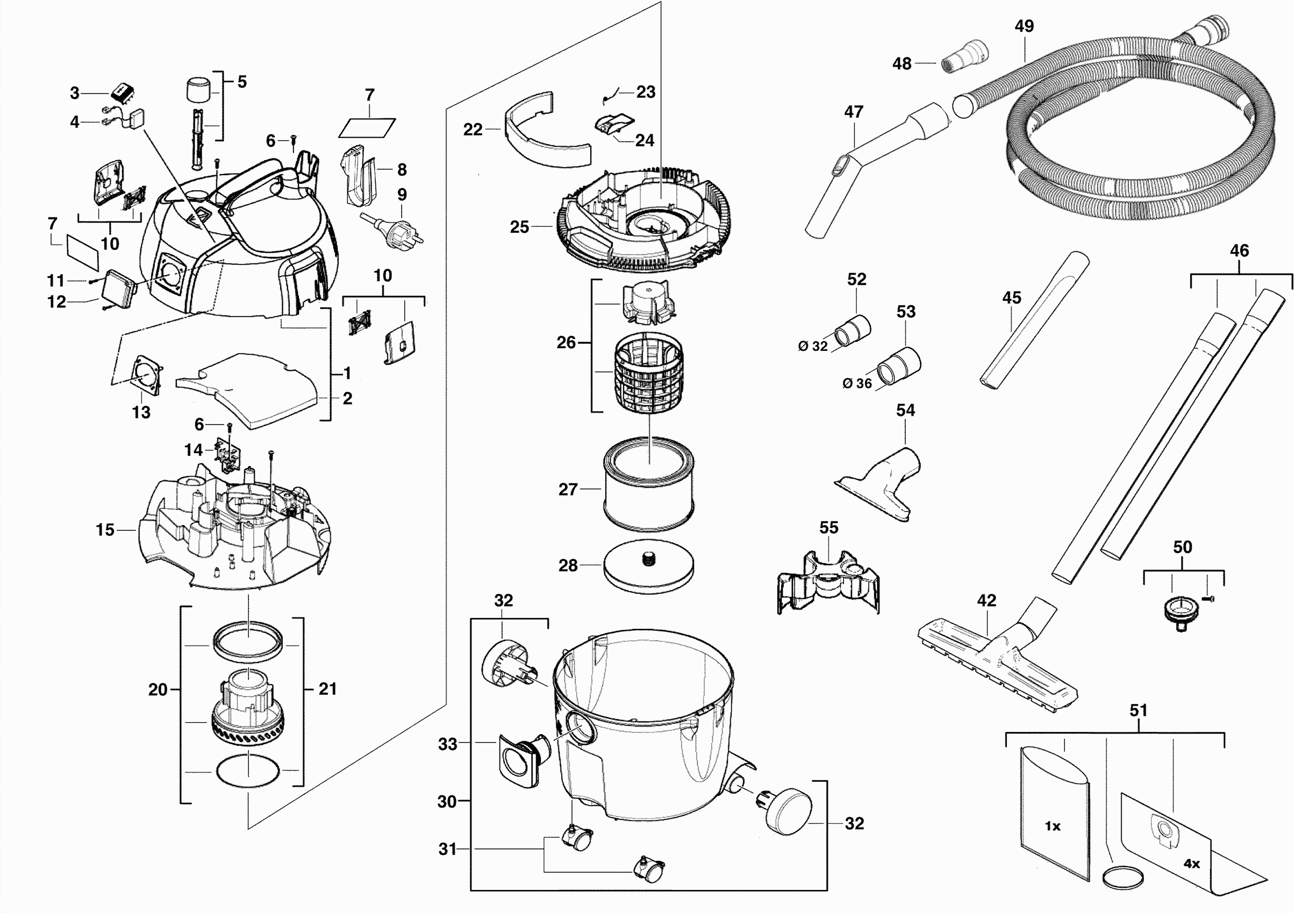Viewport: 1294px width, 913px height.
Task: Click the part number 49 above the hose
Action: coord(1024,26)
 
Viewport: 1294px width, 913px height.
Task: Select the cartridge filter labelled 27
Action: coord(648,484)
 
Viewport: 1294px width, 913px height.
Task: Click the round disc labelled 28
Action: coord(648,568)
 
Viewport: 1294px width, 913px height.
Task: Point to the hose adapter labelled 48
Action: coord(965,56)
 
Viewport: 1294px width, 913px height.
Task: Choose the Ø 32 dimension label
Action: coord(813,347)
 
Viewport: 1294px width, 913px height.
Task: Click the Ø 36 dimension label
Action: coord(856,384)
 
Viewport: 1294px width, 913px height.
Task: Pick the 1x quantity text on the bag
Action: coord(1052,826)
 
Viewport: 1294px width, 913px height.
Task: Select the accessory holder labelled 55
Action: coord(827,583)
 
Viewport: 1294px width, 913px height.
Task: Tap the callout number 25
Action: coord(519,227)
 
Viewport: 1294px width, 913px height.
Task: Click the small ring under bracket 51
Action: coord(1123,878)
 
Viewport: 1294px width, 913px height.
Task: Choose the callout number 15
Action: coord(105,530)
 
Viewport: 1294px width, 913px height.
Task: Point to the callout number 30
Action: coord(447,801)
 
